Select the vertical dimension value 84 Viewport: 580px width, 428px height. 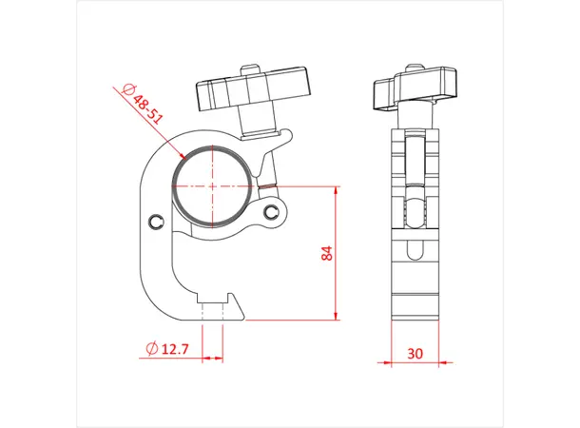[326, 254]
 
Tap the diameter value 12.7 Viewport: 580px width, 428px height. [176, 350]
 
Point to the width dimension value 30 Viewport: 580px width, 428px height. [415, 352]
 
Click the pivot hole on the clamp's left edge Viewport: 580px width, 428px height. [157, 221]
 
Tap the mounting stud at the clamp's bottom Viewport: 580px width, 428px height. [215, 308]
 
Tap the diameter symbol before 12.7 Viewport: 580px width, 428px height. [150, 349]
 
